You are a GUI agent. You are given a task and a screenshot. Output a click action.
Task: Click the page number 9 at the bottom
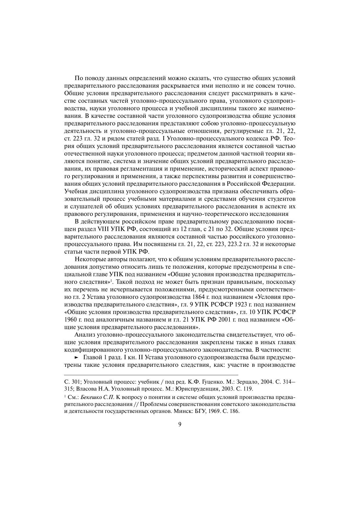(x=180, y=425)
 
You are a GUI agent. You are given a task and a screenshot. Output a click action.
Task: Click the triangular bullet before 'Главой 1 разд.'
(x=77, y=357)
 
